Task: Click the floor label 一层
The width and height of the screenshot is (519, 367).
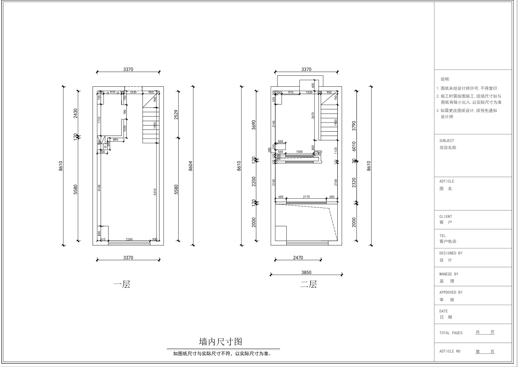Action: coord(122,285)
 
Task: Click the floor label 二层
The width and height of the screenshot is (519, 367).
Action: coord(308,285)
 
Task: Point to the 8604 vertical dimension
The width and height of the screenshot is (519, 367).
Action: coord(191,166)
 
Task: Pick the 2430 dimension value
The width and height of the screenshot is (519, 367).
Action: coord(75,114)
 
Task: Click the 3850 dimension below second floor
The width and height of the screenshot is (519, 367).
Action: coord(306,272)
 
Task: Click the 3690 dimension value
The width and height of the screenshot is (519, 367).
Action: coord(254,126)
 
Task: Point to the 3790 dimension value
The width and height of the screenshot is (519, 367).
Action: coord(354,126)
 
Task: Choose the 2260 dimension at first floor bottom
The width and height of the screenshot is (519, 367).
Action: coord(129,239)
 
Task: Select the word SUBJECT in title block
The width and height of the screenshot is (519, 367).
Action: coord(447,141)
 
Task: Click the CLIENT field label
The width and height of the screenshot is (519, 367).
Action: coord(445,216)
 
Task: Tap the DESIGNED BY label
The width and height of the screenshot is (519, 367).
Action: coord(451,253)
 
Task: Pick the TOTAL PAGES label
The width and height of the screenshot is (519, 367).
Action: coord(451,333)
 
